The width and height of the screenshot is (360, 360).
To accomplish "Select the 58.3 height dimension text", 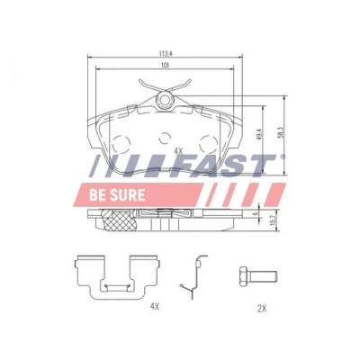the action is coord(281,132).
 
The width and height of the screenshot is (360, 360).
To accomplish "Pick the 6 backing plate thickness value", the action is coord(256,213).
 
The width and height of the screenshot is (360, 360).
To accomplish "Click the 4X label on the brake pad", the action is coord(178,152).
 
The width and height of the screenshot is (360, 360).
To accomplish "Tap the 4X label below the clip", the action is coord(154,307).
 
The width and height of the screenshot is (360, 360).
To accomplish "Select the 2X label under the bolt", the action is coord(262,308).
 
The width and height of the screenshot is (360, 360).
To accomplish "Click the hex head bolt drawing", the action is coord(257,275).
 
